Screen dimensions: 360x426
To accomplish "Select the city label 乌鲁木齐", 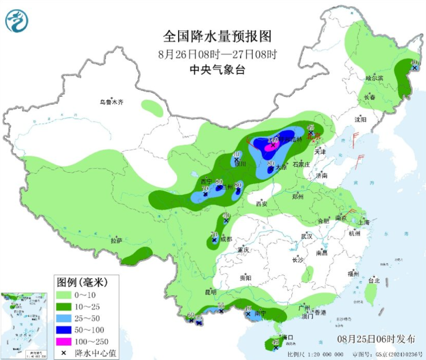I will coord(112,102).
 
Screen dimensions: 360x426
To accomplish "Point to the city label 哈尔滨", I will coord(375,78).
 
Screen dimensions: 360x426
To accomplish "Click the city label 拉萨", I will coord(116,240).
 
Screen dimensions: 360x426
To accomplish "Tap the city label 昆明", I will coord(211,292).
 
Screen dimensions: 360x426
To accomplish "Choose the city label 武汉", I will coord(307,236).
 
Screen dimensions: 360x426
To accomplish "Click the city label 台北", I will coord(374,281).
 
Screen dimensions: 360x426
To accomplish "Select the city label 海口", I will coord(288,338).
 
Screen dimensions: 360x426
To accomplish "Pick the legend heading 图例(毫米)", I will coord(81,282).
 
